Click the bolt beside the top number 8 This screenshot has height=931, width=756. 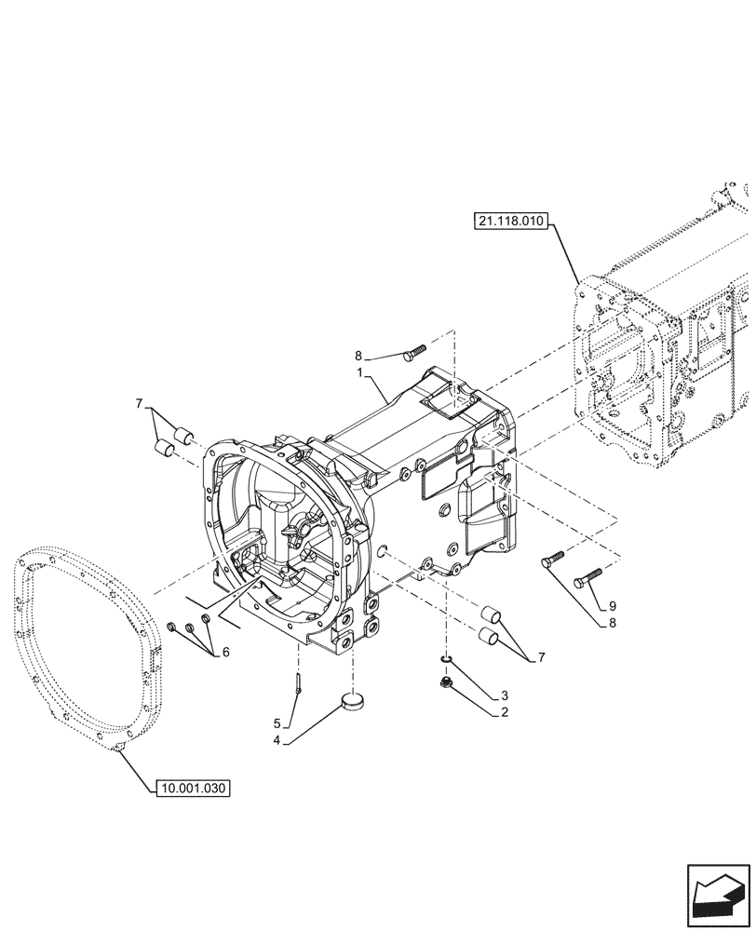point(414,350)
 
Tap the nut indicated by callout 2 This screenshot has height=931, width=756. point(446,684)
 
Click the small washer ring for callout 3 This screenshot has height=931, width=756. point(446,661)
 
